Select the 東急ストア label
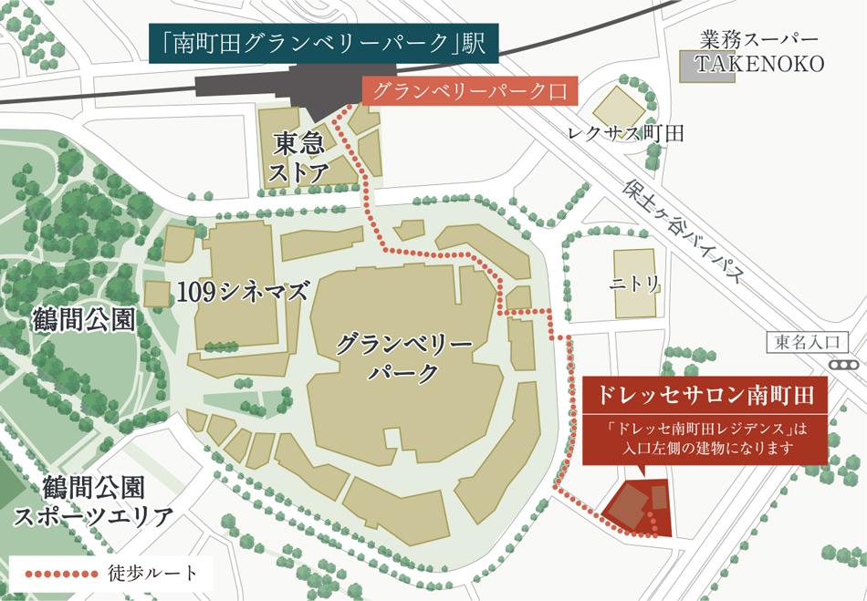click(300, 157)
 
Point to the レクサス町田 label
click(625, 133)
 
